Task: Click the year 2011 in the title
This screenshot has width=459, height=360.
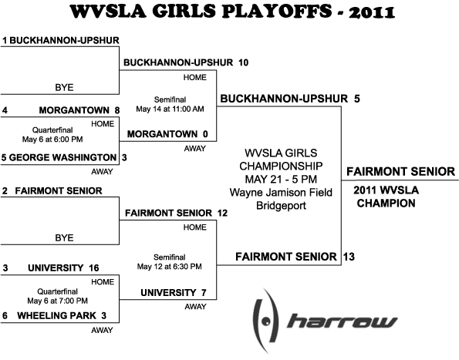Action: (x=372, y=12)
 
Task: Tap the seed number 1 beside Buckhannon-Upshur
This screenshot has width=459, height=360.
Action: (x=5, y=41)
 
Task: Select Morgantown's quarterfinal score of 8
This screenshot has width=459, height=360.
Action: (x=117, y=110)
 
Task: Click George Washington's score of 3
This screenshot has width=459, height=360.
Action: (x=124, y=157)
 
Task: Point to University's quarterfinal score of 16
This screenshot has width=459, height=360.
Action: (x=94, y=267)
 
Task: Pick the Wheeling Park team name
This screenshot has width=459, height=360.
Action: (x=56, y=316)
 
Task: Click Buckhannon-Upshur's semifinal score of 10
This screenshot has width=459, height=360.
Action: (x=243, y=62)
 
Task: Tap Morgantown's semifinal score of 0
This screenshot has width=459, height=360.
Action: (x=205, y=134)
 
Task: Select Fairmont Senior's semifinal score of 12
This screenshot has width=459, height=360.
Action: (x=222, y=214)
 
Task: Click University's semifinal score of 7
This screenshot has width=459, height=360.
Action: (x=204, y=293)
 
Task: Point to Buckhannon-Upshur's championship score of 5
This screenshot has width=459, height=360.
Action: (x=357, y=99)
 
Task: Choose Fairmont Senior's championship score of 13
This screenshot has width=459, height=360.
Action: (x=349, y=257)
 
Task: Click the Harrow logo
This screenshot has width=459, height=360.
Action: (x=325, y=321)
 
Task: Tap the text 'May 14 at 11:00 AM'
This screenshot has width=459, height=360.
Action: (x=170, y=109)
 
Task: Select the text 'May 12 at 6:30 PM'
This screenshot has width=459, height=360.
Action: (x=170, y=267)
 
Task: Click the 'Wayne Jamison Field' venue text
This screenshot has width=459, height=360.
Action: (x=281, y=193)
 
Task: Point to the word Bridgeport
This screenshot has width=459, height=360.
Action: (x=281, y=206)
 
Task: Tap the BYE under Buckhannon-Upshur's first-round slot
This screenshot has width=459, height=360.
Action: (x=64, y=87)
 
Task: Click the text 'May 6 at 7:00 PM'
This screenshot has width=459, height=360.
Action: (x=57, y=301)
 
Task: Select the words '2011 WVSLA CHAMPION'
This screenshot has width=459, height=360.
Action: (x=386, y=197)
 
